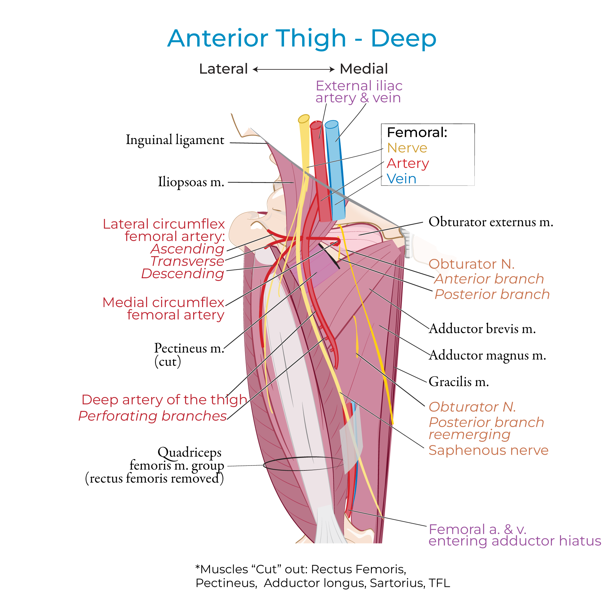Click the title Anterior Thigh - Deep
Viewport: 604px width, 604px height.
tap(302, 38)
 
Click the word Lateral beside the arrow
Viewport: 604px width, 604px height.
tap(223, 69)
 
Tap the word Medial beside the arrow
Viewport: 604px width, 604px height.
tap(364, 69)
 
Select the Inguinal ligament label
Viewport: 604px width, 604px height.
tap(175, 140)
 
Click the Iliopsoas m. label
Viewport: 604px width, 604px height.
tap(191, 182)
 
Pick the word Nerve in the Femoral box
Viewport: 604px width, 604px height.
tap(407, 148)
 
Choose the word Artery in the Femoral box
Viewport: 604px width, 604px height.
tap(408, 163)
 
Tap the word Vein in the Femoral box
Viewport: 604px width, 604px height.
tap(401, 179)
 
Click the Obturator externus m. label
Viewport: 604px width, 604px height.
tap(490, 222)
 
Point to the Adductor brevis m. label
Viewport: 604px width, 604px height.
tap(482, 329)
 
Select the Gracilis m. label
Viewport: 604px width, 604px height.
tap(459, 382)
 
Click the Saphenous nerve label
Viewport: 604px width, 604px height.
tap(488, 450)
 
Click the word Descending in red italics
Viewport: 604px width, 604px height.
tap(183, 274)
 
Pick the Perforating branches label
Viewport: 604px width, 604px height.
tap(153, 416)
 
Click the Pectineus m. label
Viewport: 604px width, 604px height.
tap(189, 348)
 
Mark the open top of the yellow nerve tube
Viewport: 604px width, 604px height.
tap(304, 119)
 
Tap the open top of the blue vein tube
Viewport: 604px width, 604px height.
tap(331, 124)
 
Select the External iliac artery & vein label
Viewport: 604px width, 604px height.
tap(359, 92)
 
